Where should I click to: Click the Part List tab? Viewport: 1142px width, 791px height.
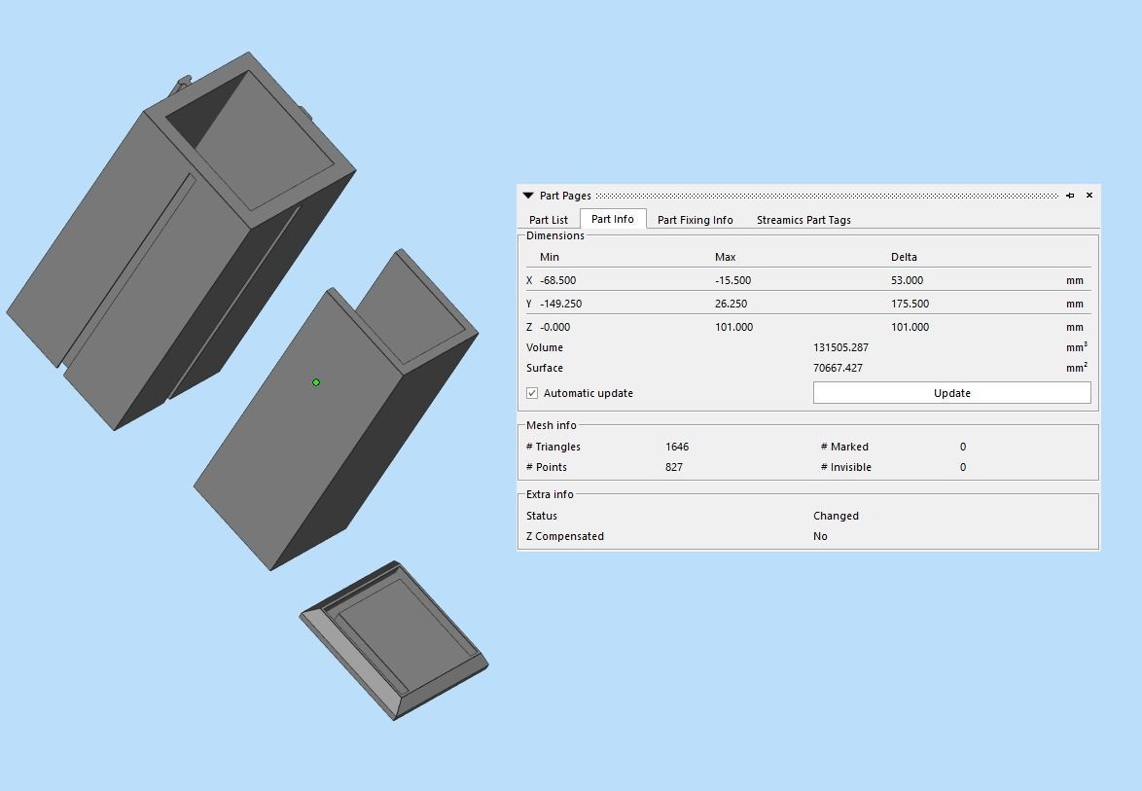pos(549,220)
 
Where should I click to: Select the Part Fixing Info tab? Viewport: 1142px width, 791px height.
pos(695,220)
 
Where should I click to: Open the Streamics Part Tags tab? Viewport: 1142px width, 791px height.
pos(803,220)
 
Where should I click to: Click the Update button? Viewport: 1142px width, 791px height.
pos(951,393)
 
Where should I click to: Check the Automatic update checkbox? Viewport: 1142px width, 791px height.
pos(532,393)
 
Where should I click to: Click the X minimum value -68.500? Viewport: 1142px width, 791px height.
pos(558,280)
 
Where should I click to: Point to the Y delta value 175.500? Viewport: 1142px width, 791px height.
pos(910,304)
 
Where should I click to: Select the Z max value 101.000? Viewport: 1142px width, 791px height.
pos(733,327)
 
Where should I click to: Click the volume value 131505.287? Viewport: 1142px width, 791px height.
pos(840,347)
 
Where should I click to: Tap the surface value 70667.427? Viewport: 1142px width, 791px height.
pos(838,368)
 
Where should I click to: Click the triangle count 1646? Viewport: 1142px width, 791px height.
pos(677,447)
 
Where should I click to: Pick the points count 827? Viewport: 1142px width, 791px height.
pos(674,467)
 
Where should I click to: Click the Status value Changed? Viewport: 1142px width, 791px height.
pos(836,516)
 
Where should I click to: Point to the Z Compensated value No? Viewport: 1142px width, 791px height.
pos(820,536)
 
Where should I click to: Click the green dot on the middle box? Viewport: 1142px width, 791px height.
pos(316,382)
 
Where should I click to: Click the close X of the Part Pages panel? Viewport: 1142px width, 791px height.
pos(1088,196)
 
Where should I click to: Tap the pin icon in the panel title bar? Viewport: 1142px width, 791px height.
pos(1070,196)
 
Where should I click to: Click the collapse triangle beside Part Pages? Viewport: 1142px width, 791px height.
pos(528,196)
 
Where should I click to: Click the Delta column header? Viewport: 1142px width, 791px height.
pos(904,257)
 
